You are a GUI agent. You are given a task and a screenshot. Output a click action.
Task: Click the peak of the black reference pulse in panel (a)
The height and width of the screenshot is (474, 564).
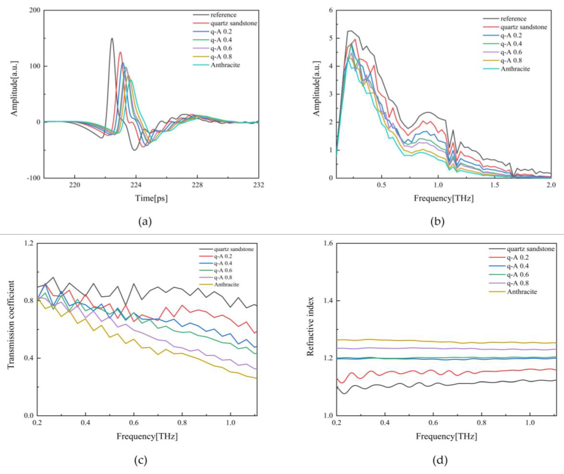pos(112,38)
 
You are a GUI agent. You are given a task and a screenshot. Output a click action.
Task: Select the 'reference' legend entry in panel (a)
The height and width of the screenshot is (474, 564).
pos(223,15)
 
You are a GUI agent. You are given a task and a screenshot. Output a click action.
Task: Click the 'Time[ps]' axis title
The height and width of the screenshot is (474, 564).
pos(151,198)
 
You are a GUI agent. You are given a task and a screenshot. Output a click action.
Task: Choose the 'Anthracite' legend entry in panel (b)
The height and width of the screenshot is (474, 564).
pos(515,69)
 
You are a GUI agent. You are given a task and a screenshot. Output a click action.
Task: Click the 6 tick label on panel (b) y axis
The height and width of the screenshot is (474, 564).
pos(330,10)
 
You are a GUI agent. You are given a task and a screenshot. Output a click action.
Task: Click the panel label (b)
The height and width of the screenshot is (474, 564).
pos(437,222)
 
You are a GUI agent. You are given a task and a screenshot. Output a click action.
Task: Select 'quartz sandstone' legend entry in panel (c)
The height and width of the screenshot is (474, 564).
pos(234,249)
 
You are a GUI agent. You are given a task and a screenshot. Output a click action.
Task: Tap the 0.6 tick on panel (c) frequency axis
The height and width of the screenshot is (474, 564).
pos(134,423)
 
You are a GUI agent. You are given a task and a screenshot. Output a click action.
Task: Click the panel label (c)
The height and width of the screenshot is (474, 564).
pos(141,460)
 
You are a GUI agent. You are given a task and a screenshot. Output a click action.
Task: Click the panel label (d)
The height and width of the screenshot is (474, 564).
pos(440,460)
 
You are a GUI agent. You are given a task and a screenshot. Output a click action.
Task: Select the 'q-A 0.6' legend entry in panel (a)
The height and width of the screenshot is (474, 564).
pos(221,48)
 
